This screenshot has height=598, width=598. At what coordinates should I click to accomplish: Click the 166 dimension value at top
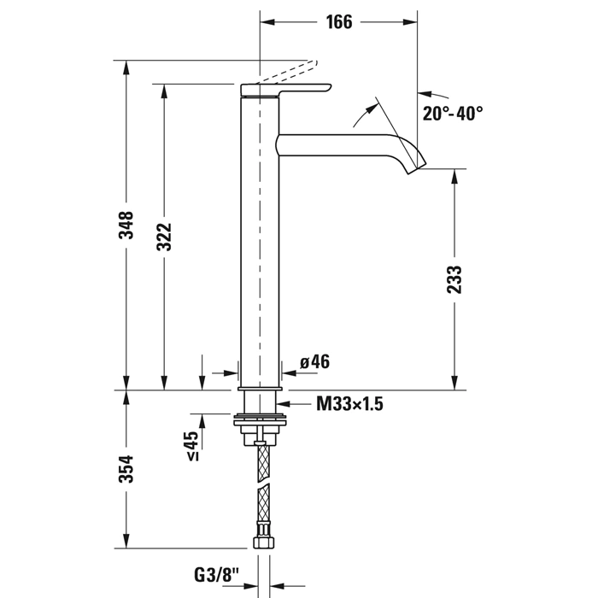tap(338, 22)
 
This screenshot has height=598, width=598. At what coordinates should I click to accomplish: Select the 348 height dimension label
tap(126, 225)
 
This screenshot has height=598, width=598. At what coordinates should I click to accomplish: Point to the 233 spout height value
tap(454, 279)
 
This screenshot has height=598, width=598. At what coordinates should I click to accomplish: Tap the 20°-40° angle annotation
tap(452, 113)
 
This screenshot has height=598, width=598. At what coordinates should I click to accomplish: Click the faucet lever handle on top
tap(286, 90)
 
